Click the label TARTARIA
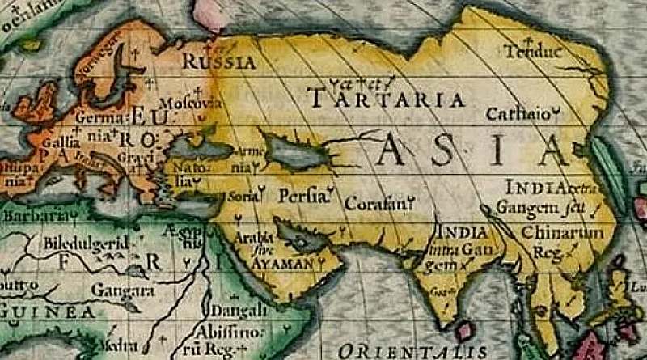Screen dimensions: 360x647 coord(388,100)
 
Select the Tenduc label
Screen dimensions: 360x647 coord(532,52)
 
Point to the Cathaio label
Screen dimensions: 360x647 coord(522,113)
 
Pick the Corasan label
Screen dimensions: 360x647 coord(375,204)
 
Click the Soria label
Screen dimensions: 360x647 coord(244,196)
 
